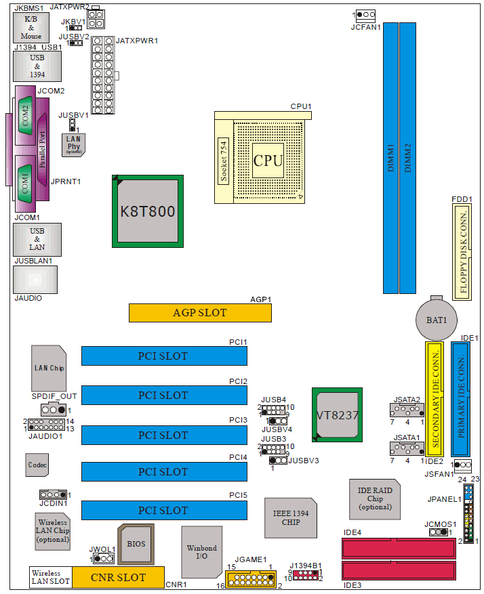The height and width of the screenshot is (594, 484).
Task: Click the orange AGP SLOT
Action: click(200, 313)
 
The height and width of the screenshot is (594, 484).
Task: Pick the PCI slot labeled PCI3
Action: click(163, 435)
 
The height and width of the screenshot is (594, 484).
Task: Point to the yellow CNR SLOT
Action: click(118, 577)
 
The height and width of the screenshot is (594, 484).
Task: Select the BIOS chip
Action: click(136, 545)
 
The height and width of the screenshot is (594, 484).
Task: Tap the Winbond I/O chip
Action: click(202, 551)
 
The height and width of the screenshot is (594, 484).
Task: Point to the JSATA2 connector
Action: click(407, 410)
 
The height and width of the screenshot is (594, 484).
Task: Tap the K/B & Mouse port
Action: click(31, 28)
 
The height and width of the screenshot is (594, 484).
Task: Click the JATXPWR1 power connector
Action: click(104, 75)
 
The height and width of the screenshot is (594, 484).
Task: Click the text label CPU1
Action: click(300, 106)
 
